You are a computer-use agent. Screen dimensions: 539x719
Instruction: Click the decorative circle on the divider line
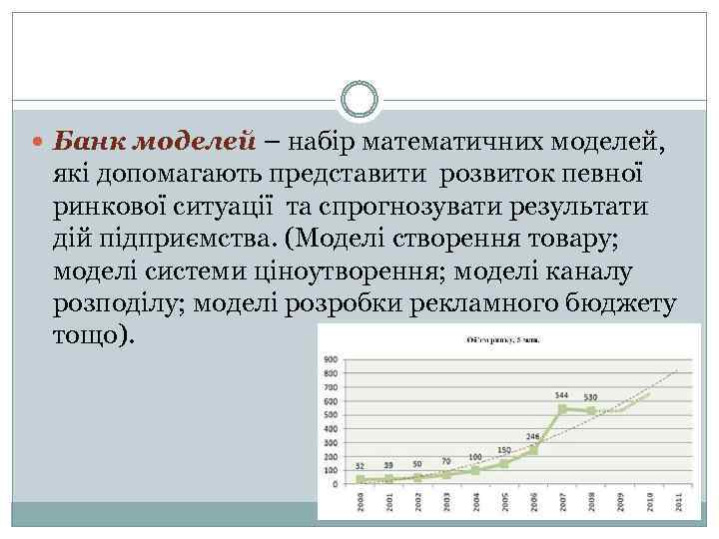(359, 100)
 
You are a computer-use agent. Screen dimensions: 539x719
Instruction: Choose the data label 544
(562, 396)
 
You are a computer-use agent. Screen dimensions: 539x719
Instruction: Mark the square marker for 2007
(563, 408)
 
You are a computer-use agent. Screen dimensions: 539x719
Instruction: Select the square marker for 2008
(592, 410)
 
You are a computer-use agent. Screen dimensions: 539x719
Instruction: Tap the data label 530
(592, 398)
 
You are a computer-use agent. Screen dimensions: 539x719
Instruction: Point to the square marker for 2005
(505, 462)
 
